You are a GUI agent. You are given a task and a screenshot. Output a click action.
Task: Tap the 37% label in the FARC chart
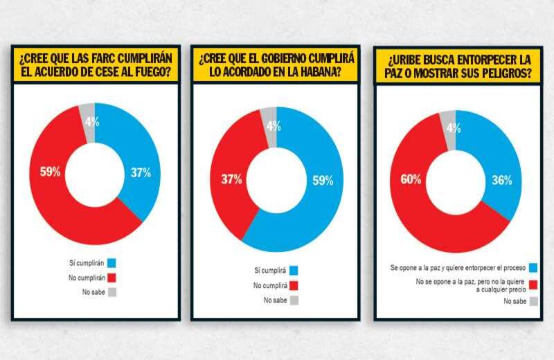pos(141,173)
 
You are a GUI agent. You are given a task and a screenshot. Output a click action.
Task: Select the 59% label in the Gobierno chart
pos(323,181)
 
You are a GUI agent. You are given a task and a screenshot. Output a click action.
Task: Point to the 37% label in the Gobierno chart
pos(231,179)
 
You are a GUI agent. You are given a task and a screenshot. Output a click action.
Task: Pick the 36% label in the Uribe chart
pos(501,181)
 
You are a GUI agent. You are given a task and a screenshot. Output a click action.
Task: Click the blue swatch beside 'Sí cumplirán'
pos(111,262)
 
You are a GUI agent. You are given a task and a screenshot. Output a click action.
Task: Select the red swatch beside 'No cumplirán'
pos(111,277)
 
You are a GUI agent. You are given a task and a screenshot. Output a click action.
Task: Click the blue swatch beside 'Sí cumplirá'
pos(293,270)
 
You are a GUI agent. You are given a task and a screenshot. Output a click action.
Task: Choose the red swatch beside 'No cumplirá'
pos(293,285)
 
